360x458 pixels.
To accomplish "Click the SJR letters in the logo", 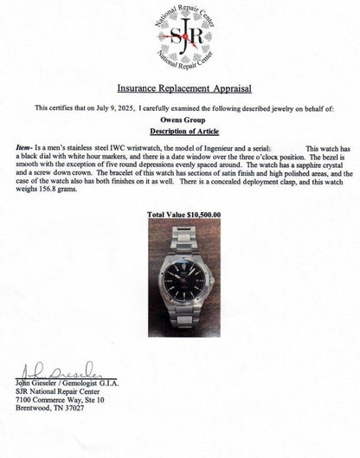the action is [x=179, y=39].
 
